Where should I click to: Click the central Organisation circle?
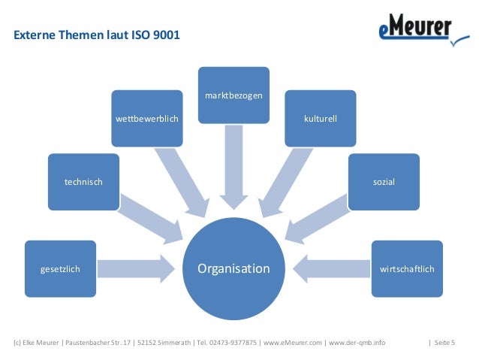[x=233, y=268]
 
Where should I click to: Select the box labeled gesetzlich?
[x=60, y=268]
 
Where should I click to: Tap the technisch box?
[x=83, y=181]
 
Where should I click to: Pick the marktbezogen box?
[x=233, y=94]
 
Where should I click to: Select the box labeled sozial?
[x=384, y=181]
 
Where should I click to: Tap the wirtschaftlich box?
[x=407, y=268]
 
